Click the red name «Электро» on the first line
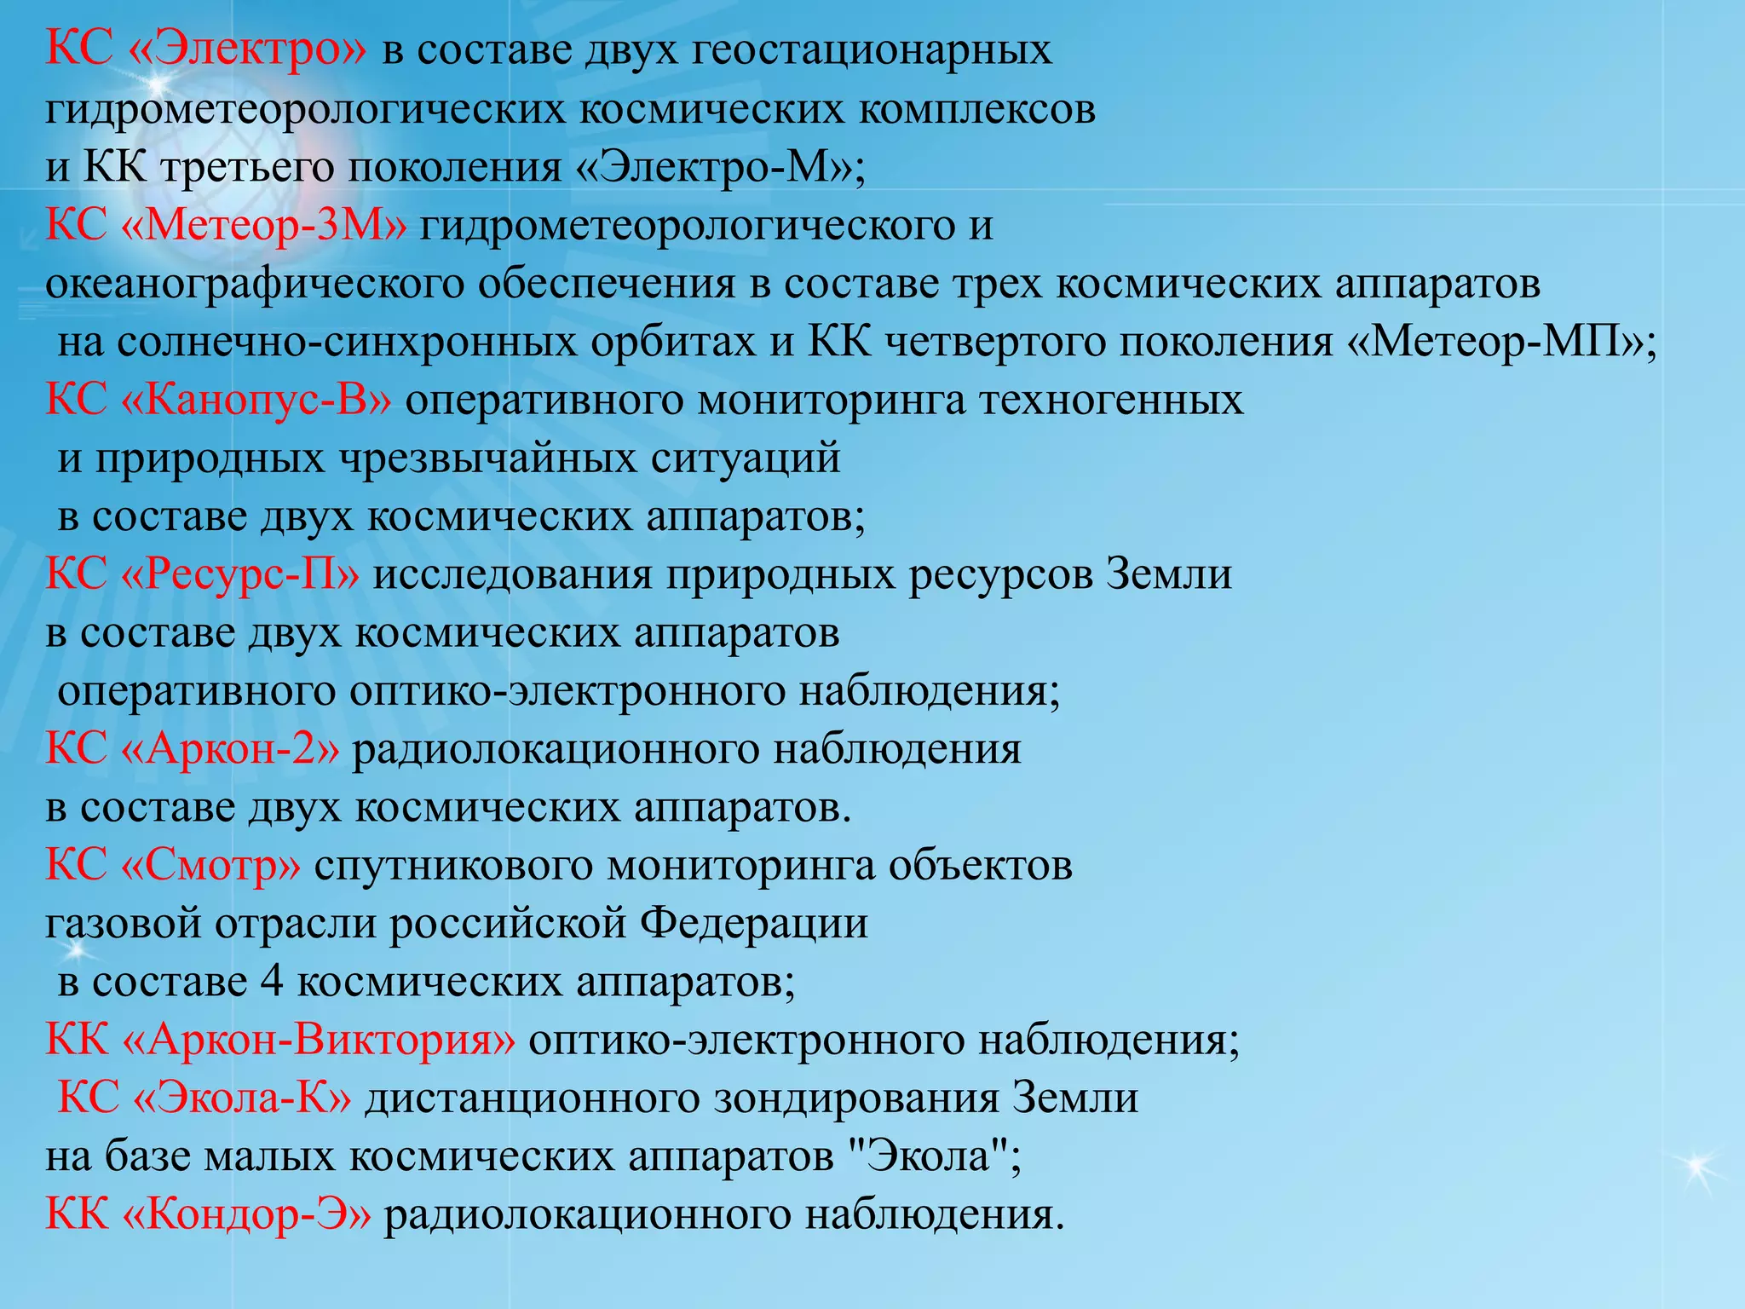[x=247, y=49]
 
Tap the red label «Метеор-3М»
[x=264, y=226]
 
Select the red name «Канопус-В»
[x=256, y=401]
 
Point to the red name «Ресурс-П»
[x=240, y=574]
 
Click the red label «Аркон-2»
[x=231, y=749]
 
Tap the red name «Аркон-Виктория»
[x=319, y=1040]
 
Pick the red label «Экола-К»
[x=243, y=1098]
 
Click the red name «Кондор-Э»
[x=247, y=1214]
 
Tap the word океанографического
[x=255, y=284]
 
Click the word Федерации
[x=754, y=924]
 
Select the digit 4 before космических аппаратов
[x=272, y=982]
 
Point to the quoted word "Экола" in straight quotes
[x=925, y=1156]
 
